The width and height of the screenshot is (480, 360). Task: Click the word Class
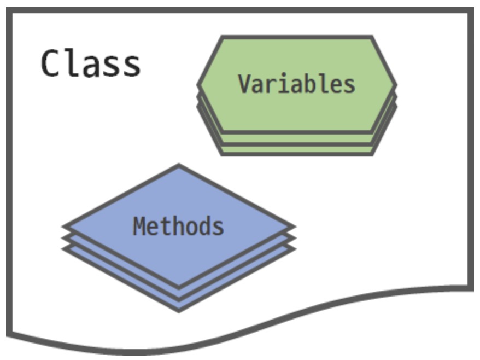pos(91,63)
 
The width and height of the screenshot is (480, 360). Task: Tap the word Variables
pos(297,84)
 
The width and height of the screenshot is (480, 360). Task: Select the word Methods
pos(179,226)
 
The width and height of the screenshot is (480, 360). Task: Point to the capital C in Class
pos(51,63)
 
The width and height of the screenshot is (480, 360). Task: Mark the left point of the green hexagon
pos(199,85)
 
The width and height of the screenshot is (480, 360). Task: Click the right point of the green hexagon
pos(395,85)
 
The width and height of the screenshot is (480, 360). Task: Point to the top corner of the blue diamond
pos(179,166)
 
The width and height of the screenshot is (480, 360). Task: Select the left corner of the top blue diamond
pos(65,226)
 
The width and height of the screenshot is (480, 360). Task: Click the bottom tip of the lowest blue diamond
pos(179,310)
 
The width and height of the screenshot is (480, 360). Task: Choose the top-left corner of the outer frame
pos(9,10)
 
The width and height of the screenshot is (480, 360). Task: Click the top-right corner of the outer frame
pos(471,10)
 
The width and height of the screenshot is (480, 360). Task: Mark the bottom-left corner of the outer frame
pos(9,332)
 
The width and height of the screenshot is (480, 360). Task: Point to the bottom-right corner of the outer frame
pos(471,286)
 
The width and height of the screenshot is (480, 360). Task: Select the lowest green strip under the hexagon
pos(297,149)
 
